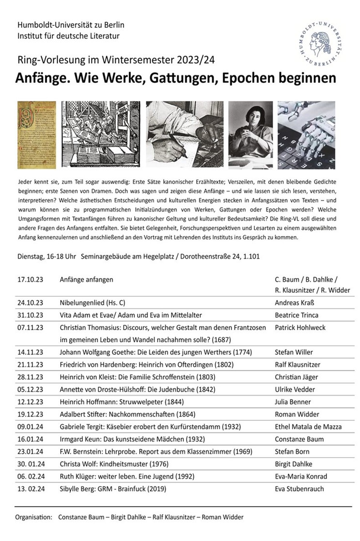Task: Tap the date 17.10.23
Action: (x=31, y=280)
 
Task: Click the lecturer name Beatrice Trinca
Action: (x=296, y=315)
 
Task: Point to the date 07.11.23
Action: (x=31, y=328)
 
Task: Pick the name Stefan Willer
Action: (x=294, y=352)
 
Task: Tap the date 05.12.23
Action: (x=31, y=389)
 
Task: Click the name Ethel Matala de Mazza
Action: (x=308, y=427)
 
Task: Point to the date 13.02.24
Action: (x=31, y=489)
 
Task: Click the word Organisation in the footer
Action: (x=33, y=517)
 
